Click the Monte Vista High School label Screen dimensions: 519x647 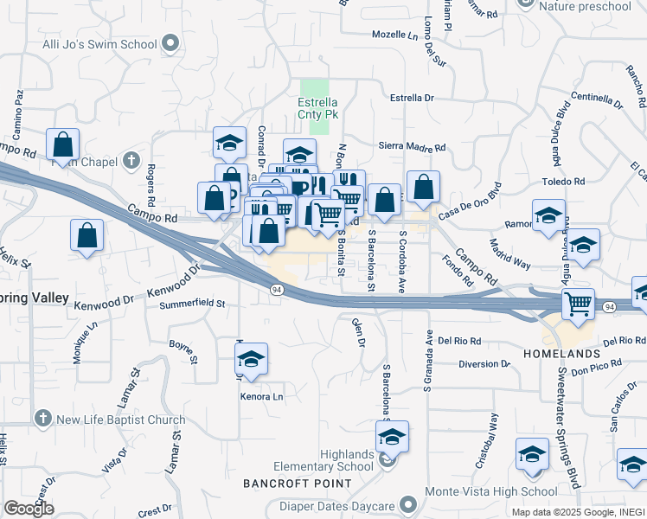491,491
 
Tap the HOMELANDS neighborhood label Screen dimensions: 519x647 561,354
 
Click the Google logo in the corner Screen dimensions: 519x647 29,509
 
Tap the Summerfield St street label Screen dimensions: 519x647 192,304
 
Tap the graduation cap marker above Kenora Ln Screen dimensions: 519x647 252,359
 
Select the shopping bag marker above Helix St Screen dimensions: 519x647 86,235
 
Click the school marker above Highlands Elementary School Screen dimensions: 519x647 392,438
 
